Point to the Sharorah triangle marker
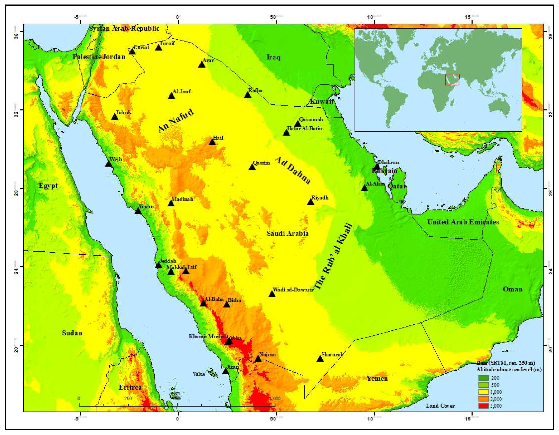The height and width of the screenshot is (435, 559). point(320,359)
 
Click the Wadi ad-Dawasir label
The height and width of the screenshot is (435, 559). point(293,290)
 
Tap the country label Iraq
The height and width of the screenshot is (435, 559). point(273,57)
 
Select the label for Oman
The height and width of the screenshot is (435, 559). point(513,289)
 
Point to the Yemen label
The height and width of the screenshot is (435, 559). point(377,378)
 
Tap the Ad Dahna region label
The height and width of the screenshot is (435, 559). point(293,170)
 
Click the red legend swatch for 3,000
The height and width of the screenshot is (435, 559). point(484,406)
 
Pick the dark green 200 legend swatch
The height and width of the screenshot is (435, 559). point(484,378)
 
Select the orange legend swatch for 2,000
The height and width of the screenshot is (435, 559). point(484,399)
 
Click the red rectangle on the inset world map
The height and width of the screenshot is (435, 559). point(452,79)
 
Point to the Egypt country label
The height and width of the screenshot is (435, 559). point(48,186)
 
